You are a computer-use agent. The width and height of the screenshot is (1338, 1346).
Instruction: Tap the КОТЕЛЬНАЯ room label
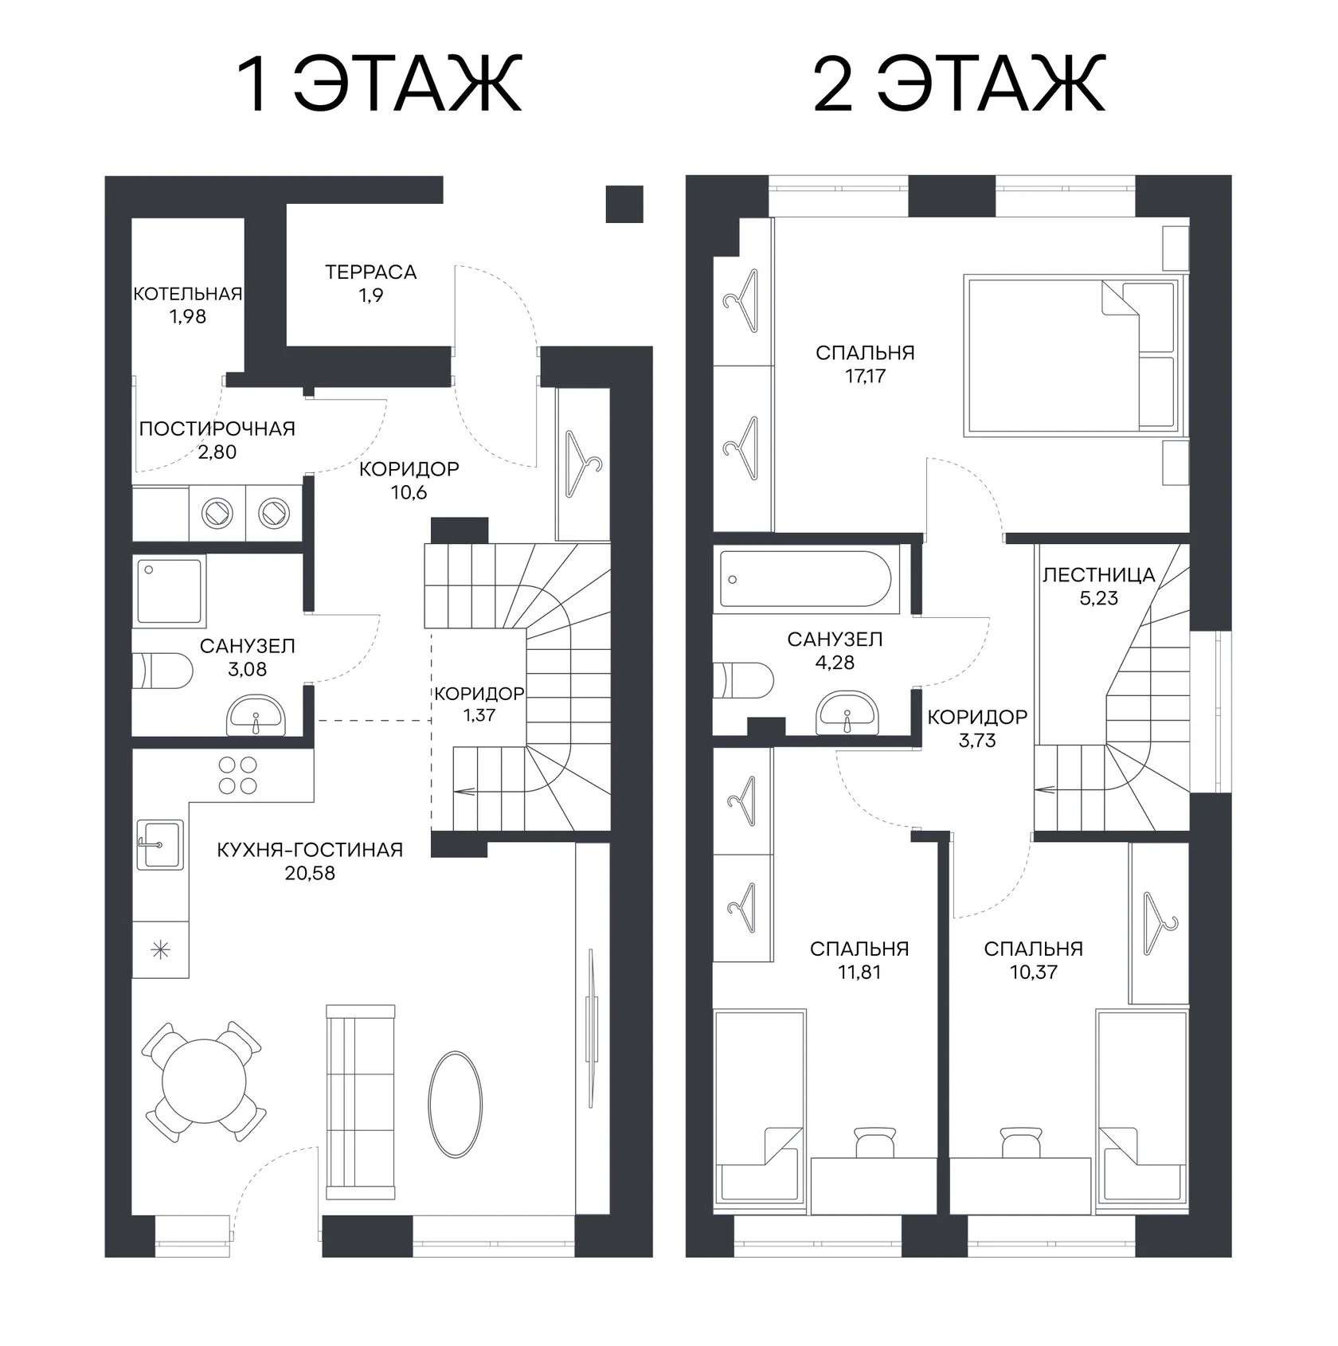[x=187, y=294]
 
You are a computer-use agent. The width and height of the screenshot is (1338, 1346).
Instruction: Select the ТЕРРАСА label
[x=371, y=272]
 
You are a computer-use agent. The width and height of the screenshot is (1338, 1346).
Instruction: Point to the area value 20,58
[x=310, y=873]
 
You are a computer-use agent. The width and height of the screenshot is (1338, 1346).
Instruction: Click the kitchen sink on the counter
[x=159, y=843]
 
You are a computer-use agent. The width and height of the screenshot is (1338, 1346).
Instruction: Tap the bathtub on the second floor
[x=805, y=577]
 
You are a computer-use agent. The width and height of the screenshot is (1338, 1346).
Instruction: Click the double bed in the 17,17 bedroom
[x=1071, y=356]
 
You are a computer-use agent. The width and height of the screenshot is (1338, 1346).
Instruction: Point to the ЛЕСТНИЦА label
[x=1099, y=574]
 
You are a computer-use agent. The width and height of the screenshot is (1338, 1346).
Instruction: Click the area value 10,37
[x=1033, y=972]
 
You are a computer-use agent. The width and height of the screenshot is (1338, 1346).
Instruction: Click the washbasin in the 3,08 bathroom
[x=255, y=714]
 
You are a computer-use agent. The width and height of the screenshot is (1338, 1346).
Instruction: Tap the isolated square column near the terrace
[x=624, y=205]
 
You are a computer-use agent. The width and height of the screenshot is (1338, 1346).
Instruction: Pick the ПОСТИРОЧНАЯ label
[x=217, y=428]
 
